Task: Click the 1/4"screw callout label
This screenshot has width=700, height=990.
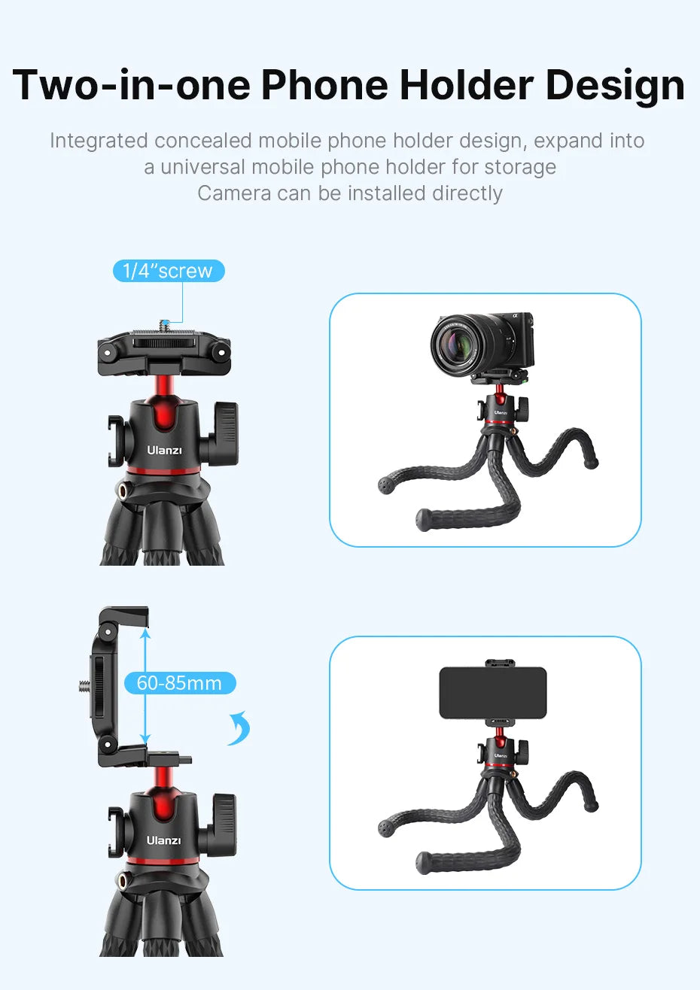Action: pos(169,271)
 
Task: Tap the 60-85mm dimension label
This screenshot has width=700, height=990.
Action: pos(179,683)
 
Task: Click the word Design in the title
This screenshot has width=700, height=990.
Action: pos(615,86)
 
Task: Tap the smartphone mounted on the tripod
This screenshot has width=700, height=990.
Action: pos(492,693)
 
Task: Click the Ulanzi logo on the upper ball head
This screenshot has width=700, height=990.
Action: pos(164,450)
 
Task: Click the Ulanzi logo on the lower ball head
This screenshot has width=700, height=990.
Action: pos(163,840)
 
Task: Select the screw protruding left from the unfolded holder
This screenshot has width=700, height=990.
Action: pos(83,685)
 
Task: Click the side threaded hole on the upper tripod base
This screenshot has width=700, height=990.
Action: pos(122,490)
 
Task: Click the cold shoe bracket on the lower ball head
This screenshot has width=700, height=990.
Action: pos(115,831)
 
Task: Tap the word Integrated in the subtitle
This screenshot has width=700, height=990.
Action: pos(99,141)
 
